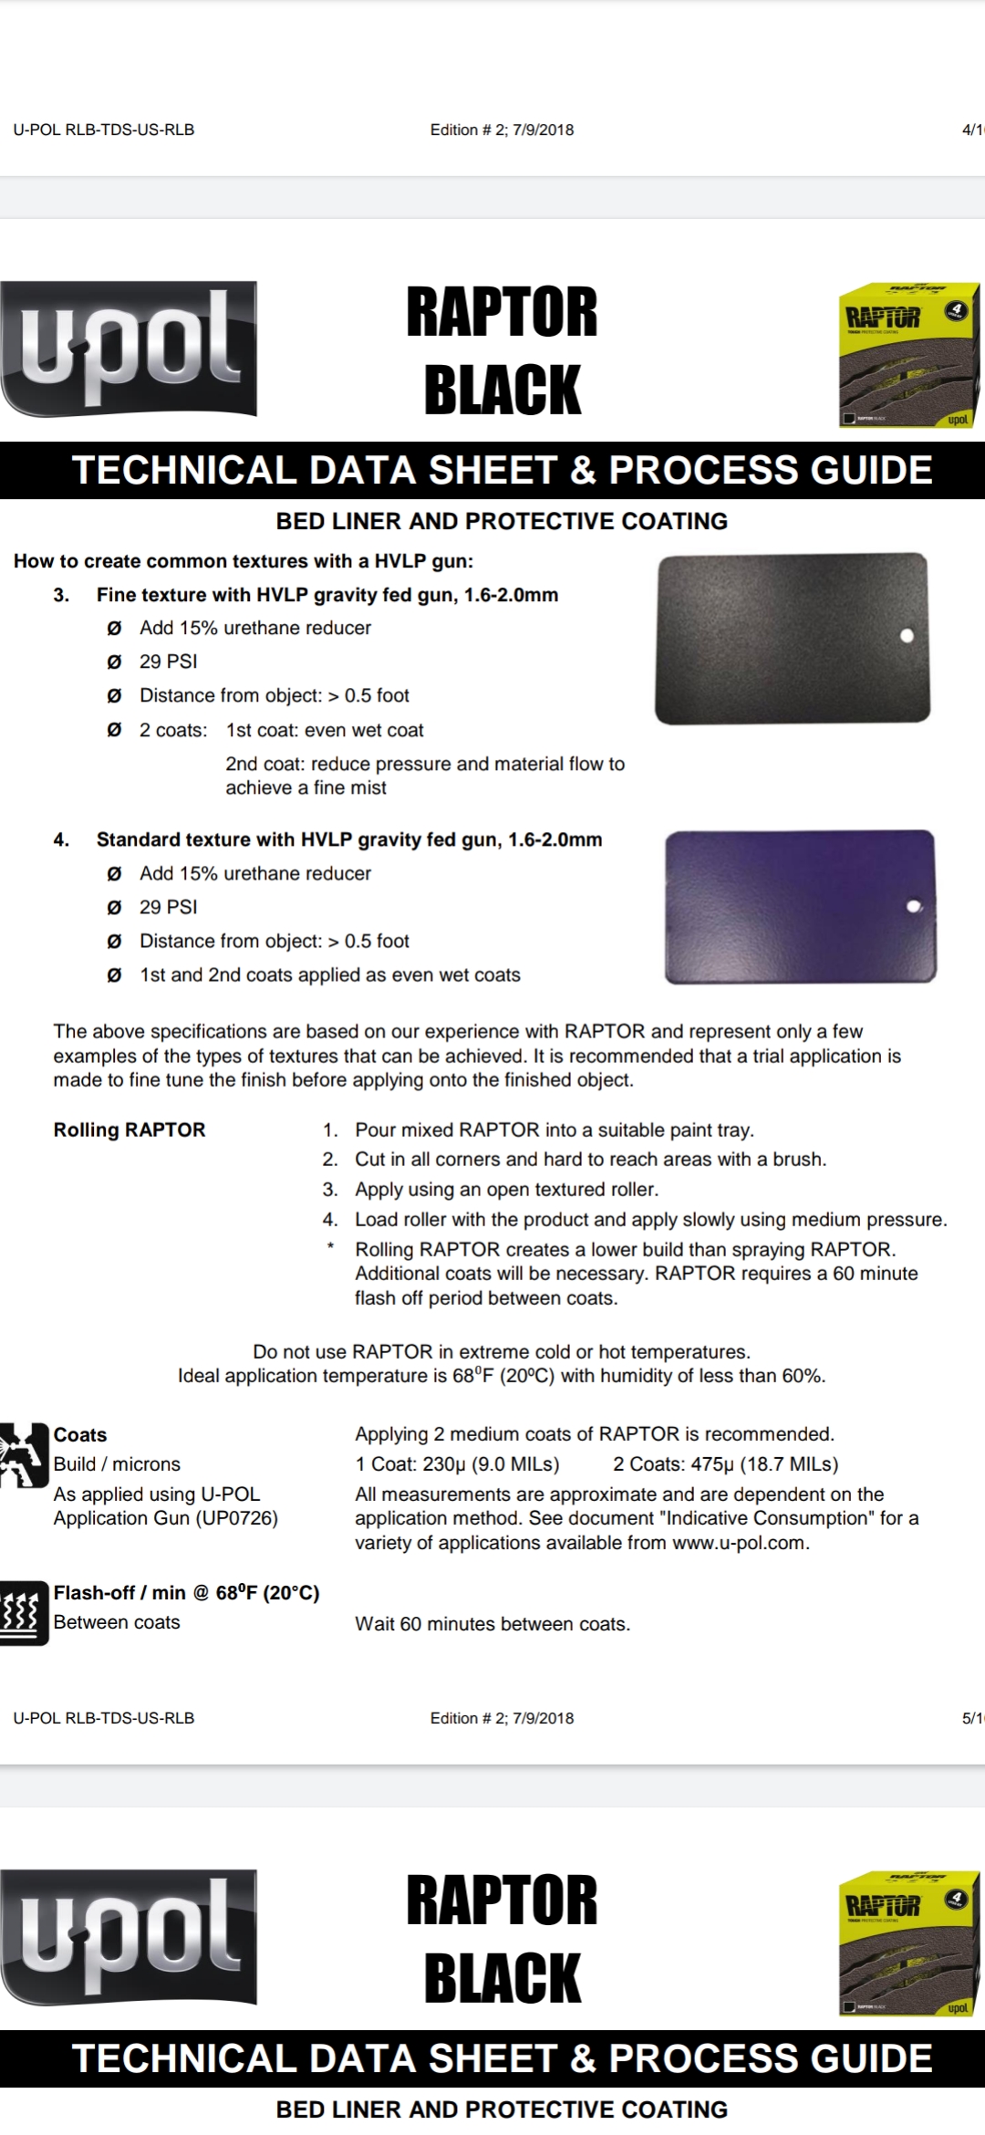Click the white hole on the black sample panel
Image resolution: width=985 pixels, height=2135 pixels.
coord(907,636)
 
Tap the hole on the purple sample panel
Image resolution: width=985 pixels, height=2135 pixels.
coord(914,906)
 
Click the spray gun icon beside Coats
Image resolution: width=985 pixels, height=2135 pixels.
coord(23,1454)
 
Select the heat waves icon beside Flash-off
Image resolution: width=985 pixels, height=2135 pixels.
coord(23,1612)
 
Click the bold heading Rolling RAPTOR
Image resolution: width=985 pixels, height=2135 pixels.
coord(130,1130)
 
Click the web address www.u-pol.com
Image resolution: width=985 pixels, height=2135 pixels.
coord(740,1543)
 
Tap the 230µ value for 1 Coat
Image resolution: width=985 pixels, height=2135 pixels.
coord(444,1463)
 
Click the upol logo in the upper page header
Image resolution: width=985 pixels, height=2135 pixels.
coord(129,348)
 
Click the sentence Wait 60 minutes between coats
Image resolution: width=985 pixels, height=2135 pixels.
coord(493,1624)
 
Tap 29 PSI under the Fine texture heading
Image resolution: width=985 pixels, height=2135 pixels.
coord(168,661)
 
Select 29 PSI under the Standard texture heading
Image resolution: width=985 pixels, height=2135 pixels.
coord(168,907)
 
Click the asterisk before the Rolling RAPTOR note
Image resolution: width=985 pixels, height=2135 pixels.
coord(330,1247)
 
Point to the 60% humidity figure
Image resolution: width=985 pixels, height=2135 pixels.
coord(803,1376)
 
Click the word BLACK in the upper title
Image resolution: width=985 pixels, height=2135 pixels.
coord(502,390)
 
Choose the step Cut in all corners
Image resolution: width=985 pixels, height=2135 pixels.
coord(590,1159)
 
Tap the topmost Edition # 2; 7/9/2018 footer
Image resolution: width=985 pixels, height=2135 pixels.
coord(502,130)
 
